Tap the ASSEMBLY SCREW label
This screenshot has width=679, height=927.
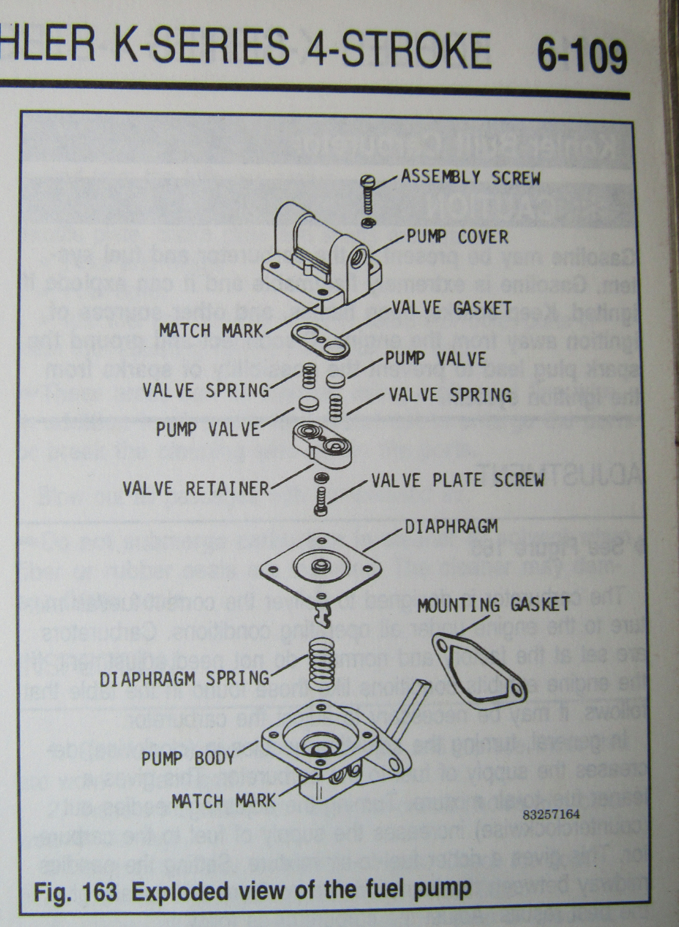pyautogui.click(x=471, y=177)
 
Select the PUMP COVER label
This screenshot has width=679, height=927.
pyautogui.click(x=457, y=236)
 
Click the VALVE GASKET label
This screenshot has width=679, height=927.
pyautogui.click(x=451, y=308)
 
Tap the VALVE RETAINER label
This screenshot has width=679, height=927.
pyautogui.click(x=196, y=488)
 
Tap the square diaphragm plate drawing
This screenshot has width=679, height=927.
pyautogui.click(x=319, y=568)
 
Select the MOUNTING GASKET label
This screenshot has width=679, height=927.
pyautogui.click(x=493, y=605)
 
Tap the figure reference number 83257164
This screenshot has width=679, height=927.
pyautogui.click(x=551, y=814)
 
